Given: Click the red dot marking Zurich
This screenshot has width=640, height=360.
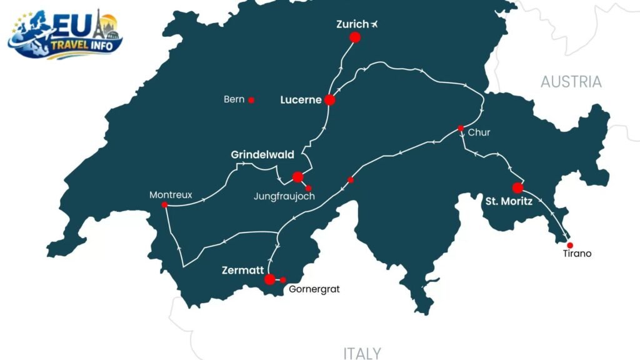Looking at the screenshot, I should [x=355, y=37].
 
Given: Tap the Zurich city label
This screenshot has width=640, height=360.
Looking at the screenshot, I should [x=352, y=24].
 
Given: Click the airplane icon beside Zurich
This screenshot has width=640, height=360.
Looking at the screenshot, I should [x=374, y=24].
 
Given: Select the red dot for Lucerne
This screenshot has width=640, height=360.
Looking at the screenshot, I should [x=330, y=100].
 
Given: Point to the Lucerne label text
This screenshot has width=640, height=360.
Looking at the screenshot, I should [x=301, y=100].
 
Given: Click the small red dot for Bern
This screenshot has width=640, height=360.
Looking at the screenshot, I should [x=251, y=100].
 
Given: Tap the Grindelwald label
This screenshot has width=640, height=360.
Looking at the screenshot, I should [x=262, y=154].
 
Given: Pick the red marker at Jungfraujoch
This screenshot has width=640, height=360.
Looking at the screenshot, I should [x=308, y=188].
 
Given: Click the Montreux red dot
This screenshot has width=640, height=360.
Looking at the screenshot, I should [x=164, y=205].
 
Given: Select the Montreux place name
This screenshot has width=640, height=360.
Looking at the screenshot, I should [x=171, y=195].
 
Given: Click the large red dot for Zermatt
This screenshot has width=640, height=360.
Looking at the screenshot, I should [x=269, y=279].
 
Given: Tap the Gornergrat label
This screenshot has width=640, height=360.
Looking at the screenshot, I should [x=314, y=290].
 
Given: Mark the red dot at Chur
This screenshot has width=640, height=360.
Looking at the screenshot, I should [x=461, y=129].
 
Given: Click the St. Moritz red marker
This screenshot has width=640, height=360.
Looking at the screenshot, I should [x=517, y=188].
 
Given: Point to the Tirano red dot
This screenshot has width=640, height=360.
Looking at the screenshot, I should [x=569, y=245].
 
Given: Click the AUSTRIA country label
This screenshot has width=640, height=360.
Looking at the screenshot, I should [x=571, y=82].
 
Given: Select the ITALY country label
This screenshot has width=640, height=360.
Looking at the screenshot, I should [x=362, y=353].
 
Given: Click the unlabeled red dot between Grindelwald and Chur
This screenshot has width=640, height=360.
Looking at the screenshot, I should [x=351, y=180].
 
